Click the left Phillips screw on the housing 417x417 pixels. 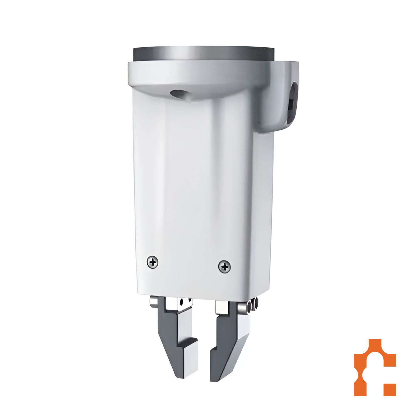pyautogui.click(x=153, y=262)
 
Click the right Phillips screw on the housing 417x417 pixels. pyautogui.click(x=224, y=267)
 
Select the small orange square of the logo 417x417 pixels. pyautogui.click(x=390, y=390)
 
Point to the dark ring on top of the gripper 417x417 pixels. pyautogui.click(x=203, y=53)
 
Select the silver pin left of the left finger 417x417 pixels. pyautogui.click(x=153, y=302)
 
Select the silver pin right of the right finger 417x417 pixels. pyautogui.click(x=242, y=307)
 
